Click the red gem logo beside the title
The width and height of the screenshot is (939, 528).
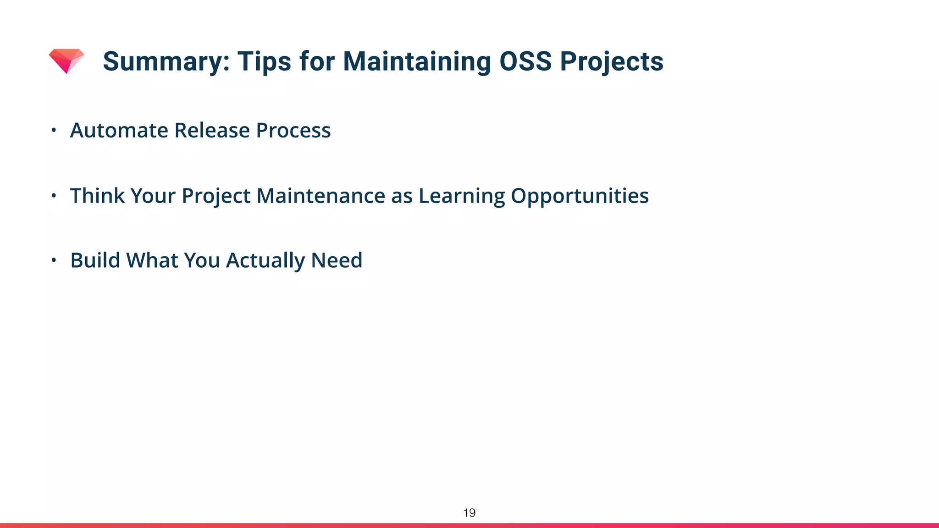pos(66,60)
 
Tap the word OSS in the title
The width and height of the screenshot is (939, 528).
pos(525,61)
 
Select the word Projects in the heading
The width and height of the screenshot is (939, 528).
pos(612,61)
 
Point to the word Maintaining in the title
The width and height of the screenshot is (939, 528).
pos(417,61)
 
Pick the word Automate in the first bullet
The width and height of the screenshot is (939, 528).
pos(119,131)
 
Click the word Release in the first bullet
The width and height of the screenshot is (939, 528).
pos(211,131)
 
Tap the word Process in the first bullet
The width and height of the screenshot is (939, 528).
pos(293,131)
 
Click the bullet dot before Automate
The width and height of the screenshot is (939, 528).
pos(54,131)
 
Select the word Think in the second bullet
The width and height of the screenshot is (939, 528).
pos(97,196)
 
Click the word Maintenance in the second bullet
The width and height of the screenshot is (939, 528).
pos(320,196)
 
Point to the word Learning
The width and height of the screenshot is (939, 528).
pos(461,196)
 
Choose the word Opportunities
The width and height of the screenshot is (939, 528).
pos(580,196)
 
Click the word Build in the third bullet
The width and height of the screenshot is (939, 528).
pos(95,260)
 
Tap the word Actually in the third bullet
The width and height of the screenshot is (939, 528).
pos(265,260)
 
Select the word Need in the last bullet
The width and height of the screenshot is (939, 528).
pos(337,260)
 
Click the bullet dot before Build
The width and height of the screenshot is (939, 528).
pos(54,260)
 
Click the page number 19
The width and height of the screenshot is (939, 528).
pos(469,513)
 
